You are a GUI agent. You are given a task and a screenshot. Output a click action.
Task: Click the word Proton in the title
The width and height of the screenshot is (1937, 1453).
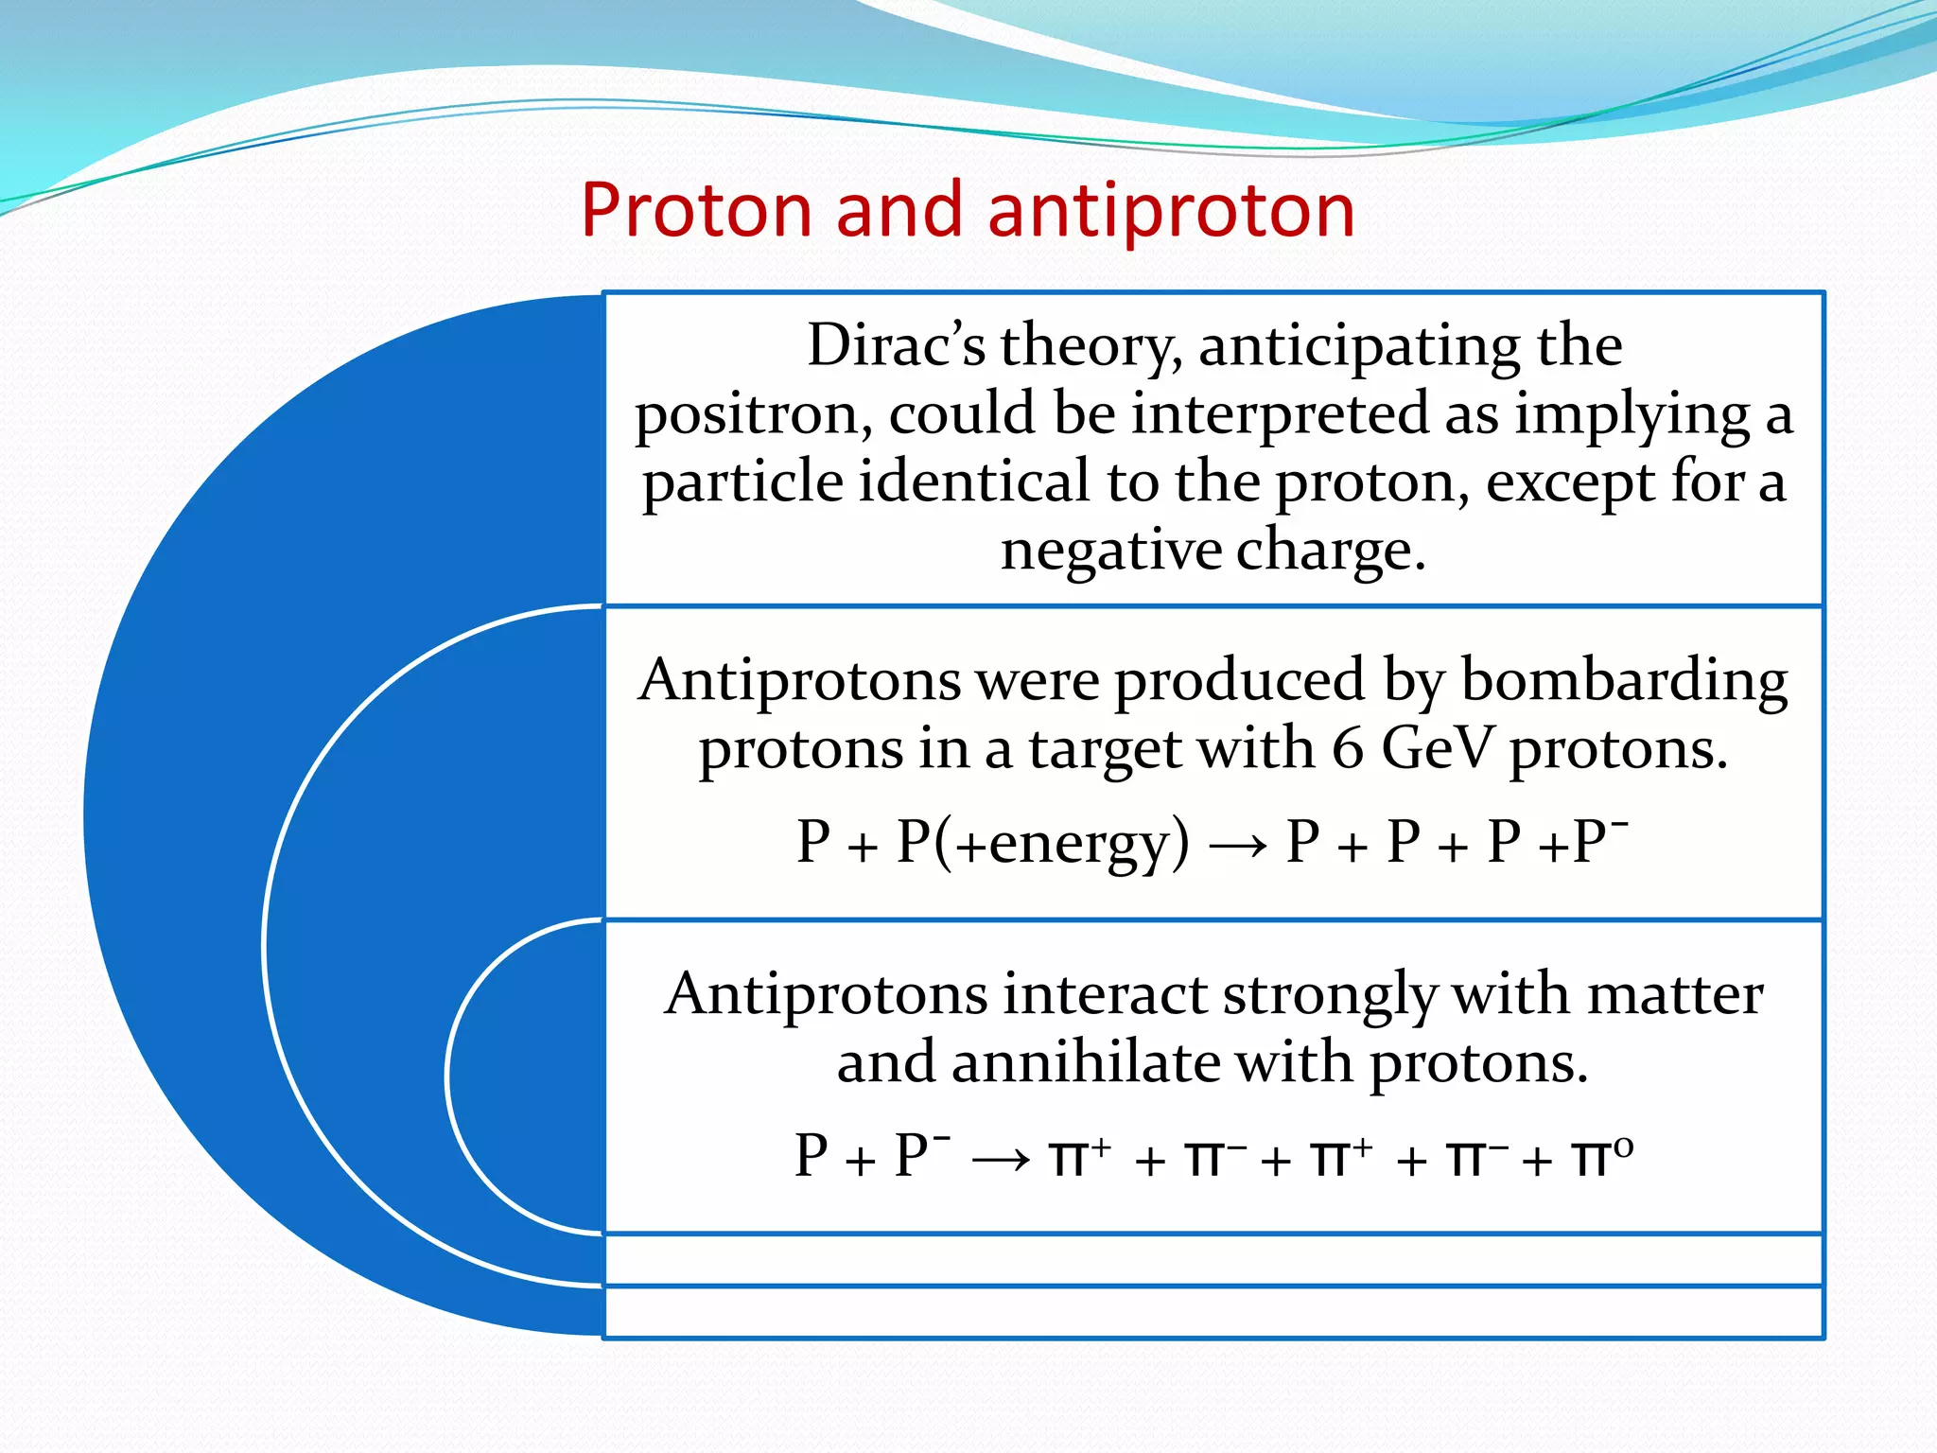[x=697, y=210]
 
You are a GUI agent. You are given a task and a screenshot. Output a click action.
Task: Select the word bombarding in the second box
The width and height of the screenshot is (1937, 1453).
[x=1624, y=681]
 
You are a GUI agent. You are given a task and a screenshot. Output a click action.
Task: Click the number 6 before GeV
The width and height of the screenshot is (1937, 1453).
[x=1348, y=748]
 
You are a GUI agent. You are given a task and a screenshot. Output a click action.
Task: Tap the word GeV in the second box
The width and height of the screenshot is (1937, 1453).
[x=1439, y=748]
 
